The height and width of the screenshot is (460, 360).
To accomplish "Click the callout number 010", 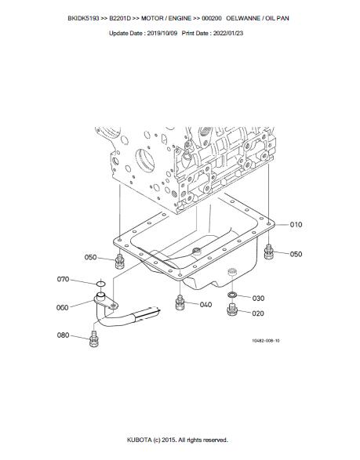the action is pyautogui.click(x=296, y=225).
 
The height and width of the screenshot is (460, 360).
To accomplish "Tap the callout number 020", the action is pyautogui.click(x=258, y=313).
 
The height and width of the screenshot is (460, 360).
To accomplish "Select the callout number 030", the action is pyautogui.click(x=258, y=299).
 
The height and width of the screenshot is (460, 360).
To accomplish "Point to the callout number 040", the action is pyautogui.click(x=205, y=305).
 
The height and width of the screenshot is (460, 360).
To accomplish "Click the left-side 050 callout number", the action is pyautogui.click(x=90, y=257).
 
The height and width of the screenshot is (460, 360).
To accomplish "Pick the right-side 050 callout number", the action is pyautogui.click(x=296, y=254).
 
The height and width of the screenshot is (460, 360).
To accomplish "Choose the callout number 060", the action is pyautogui.click(x=62, y=307).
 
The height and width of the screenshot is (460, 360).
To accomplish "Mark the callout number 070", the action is pyautogui.click(x=63, y=279).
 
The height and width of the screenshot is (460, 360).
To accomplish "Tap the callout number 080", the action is pyautogui.click(x=63, y=335).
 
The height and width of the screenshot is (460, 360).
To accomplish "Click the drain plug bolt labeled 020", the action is pyautogui.click(x=232, y=310).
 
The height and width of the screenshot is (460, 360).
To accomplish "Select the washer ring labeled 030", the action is pyautogui.click(x=232, y=295).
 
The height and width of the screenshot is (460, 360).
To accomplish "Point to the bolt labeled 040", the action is pyautogui.click(x=180, y=303).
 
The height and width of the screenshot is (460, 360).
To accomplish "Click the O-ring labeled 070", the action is pyautogui.click(x=100, y=284).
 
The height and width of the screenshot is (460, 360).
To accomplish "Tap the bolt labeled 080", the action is pyautogui.click(x=93, y=339).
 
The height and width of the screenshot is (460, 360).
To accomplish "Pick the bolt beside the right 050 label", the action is pyautogui.click(x=269, y=252).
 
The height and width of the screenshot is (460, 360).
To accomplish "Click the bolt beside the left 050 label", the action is pyautogui.click(x=119, y=262).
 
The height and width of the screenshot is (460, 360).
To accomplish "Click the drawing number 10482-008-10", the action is pyautogui.click(x=266, y=341).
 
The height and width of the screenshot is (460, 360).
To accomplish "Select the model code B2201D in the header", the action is pyautogui.click(x=120, y=18).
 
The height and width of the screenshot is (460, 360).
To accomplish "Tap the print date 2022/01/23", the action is pyautogui.click(x=228, y=33).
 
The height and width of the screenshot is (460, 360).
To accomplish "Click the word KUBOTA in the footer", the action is pyautogui.click(x=139, y=440).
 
